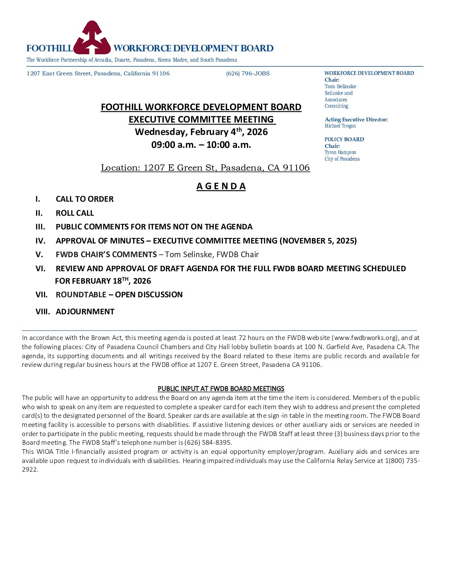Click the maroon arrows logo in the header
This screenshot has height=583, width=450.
[92, 38]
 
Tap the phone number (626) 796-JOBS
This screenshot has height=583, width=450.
[248, 74]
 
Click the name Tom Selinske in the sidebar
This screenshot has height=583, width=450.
[340, 87]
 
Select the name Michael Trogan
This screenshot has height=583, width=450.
[340, 126]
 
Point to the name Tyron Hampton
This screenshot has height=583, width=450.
[340, 152]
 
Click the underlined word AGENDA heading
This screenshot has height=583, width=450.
[221, 186]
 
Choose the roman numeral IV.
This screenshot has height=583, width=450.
[41, 241]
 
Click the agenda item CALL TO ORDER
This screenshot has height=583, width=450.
[84, 199]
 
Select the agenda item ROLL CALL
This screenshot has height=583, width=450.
[75, 213]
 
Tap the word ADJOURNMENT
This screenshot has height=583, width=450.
[85, 312]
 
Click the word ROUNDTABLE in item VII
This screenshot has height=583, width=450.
[81, 295]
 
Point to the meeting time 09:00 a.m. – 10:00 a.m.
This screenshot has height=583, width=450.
[201, 145]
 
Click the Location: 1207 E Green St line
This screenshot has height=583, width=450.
[205, 168]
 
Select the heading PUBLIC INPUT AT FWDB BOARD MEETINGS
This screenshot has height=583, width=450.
[221, 389]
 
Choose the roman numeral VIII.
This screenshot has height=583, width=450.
[43, 312]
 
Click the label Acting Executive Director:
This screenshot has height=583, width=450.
[356, 120]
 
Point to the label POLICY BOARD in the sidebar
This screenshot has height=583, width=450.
[344, 140]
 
